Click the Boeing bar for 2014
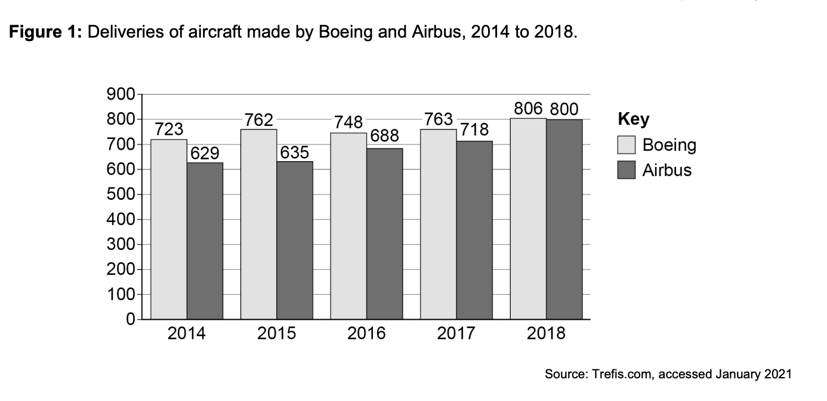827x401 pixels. pyautogui.click(x=169, y=230)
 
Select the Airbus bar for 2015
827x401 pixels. pyautogui.click(x=295, y=240)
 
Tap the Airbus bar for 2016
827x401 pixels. pyautogui.click(x=385, y=234)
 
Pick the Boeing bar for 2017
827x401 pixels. pyautogui.click(x=439, y=224)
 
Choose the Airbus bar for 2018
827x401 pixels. pyautogui.click(x=564, y=220)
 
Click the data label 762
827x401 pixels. pyautogui.click(x=259, y=120)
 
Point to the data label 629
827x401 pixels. pyautogui.click(x=205, y=154)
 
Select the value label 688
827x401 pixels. pyautogui.click(x=385, y=135)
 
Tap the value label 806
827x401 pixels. pyautogui.click(x=528, y=109)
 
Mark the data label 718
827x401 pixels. pyautogui.click(x=475, y=129)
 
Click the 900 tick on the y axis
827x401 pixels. pyautogui.click(x=120, y=94)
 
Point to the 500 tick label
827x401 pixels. pyautogui.click(x=120, y=195)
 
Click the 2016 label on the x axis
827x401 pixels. pyautogui.click(x=366, y=333)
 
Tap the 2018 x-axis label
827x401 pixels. pyautogui.click(x=546, y=333)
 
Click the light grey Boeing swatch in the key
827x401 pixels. pyautogui.click(x=627, y=145)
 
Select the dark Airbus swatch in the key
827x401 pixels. pyautogui.click(x=627, y=170)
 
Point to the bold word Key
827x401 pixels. pyautogui.click(x=634, y=119)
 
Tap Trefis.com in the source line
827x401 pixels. pyautogui.click(x=618, y=375)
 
